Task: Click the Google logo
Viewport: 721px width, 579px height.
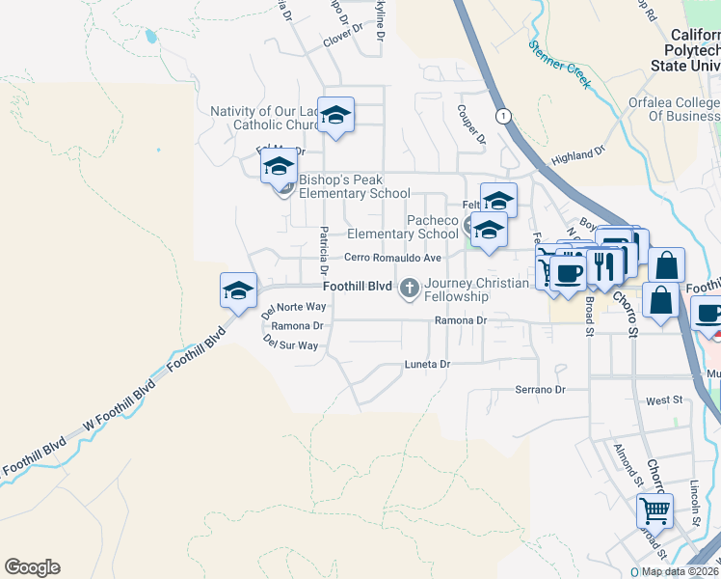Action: tap(32, 567)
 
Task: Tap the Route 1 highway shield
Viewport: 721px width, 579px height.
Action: tap(502, 116)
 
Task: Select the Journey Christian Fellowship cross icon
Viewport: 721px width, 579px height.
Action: tap(410, 287)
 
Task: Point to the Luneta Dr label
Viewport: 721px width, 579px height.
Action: tap(427, 365)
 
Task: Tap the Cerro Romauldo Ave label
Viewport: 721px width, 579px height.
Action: tap(393, 258)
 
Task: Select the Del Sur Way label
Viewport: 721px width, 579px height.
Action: tap(290, 345)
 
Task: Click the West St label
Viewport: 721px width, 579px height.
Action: tap(663, 400)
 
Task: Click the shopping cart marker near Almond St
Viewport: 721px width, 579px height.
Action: tap(654, 510)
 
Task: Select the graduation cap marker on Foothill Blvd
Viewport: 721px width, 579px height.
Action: tap(239, 289)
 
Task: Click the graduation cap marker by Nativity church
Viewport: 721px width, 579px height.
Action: tap(335, 115)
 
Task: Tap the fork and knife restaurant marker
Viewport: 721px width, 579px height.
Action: tap(603, 265)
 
